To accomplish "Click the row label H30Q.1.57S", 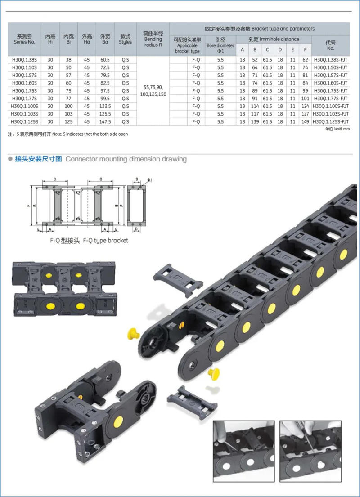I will pos(24,75).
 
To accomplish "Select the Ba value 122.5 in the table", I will pos(105,106).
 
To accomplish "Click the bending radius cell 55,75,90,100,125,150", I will pos(153,90).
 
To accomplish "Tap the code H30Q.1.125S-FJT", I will pos(331,121).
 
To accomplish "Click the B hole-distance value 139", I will pos(255,121).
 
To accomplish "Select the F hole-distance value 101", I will pos(305,99).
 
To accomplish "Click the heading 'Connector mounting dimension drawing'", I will pos(126,159).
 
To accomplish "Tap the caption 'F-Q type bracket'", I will pos(89,241).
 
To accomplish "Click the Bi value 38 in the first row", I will pos(68,59).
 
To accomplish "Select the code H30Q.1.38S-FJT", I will pos(331,59).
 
